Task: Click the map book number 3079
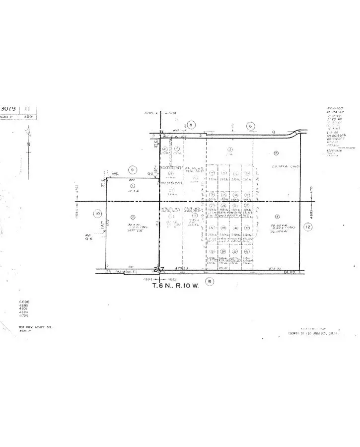[9, 108]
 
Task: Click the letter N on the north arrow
[30, 144]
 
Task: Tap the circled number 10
[98, 214]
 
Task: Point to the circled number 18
[209, 282]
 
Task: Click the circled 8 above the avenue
[191, 125]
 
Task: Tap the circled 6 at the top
[251, 126]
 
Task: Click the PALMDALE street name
[124, 272]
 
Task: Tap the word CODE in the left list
[24, 302]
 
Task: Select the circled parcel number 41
[247, 252]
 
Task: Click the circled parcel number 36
[223, 242]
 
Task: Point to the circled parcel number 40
[235, 252]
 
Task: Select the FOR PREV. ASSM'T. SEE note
[35, 327]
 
